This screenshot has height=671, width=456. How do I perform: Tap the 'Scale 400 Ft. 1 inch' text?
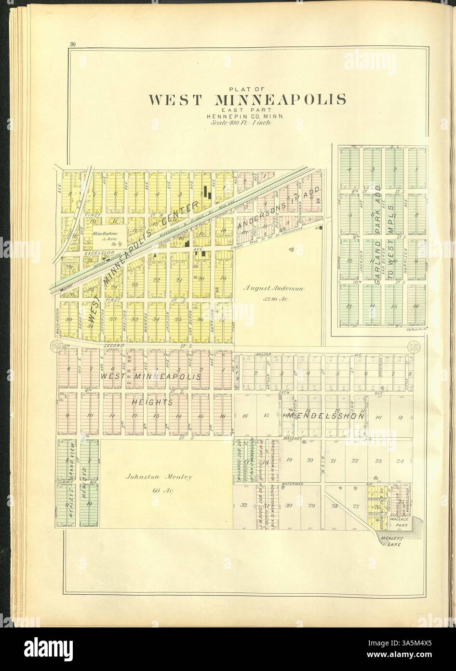pyautogui.click(x=242, y=123)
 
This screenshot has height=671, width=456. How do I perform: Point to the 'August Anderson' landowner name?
pyautogui.click(x=273, y=289)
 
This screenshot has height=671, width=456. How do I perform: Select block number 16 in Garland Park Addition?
pyautogui.click(x=416, y=306)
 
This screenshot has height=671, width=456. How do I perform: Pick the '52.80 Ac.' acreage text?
pyautogui.click(x=273, y=298)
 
